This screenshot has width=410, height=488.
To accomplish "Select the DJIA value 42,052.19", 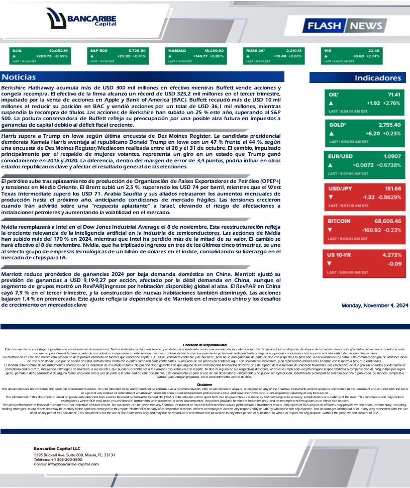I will click(58, 51).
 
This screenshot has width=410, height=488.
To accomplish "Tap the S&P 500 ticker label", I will click(99, 51).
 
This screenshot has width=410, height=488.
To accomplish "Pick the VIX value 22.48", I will click(374, 51).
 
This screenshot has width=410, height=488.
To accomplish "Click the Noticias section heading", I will click(19, 77).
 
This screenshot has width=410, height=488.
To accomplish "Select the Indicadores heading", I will click(378, 78).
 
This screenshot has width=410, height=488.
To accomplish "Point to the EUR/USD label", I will click(340, 156).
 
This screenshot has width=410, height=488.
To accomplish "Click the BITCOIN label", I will click(339, 221).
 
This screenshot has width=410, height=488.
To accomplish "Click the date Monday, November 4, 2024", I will click(375, 305).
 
